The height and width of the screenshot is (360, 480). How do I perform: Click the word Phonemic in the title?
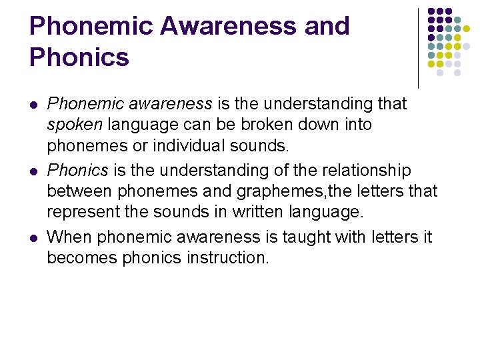point(90,26)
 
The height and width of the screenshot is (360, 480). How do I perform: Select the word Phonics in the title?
point(79,57)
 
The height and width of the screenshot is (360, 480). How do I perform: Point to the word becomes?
point(82,257)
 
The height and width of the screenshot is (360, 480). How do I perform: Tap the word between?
point(80,191)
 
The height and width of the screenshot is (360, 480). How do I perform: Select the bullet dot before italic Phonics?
point(33,171)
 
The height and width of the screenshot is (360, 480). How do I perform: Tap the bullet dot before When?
point(33,237)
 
